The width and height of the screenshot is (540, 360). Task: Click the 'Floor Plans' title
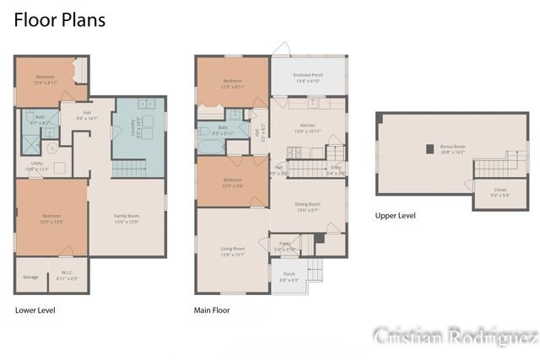59,20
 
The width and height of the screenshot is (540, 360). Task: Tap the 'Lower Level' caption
35,310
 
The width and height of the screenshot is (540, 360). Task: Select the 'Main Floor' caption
212,310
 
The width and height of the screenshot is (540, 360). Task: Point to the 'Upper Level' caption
395,216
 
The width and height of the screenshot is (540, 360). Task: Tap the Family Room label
127,218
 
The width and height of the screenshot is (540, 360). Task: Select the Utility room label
37,166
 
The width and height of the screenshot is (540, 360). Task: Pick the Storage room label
30,277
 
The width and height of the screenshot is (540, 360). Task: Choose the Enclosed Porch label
308,78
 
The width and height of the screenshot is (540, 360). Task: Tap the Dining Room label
307,206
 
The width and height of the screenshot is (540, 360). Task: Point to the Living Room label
233,250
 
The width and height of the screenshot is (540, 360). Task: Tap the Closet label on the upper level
499,191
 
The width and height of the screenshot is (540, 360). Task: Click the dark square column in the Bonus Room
429,149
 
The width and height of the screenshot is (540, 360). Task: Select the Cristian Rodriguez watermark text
456,337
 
